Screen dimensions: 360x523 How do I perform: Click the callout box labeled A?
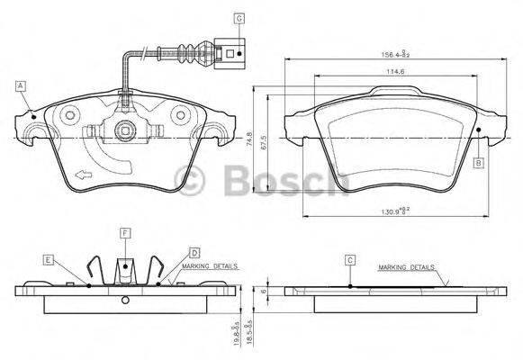coord(20,86)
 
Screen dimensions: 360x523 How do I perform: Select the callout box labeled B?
coord(480,162)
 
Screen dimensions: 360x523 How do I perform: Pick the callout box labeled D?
coord(194,253)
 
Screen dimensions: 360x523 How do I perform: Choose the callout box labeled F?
coord(125,233)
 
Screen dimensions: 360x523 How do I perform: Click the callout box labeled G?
coord(239,17)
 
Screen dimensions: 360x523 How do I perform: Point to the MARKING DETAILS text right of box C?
coord(406,267)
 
